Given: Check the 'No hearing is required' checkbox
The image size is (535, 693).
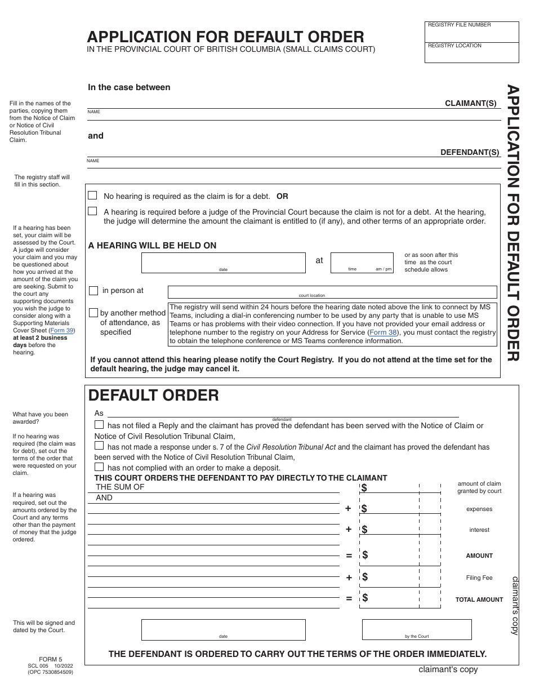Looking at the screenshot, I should point(93,196).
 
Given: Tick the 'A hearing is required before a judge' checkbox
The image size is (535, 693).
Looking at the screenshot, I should point(93,211).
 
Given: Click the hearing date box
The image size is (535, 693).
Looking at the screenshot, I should point(223,263).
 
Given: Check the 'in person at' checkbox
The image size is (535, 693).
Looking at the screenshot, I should point(93,291).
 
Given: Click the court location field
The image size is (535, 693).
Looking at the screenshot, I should point(332,291).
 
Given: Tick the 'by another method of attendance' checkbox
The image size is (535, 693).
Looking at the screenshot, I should point(93,313).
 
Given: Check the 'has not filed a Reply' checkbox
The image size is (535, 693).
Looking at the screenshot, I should point(99,425).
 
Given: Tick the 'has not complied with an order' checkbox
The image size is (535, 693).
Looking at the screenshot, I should point(99,467).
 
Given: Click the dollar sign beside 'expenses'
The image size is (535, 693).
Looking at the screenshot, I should point(364,509).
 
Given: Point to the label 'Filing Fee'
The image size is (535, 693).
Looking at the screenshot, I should point(479,577).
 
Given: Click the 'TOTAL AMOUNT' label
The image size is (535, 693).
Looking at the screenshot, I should point(479,599).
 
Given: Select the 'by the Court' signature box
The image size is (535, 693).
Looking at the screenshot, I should point(416,629).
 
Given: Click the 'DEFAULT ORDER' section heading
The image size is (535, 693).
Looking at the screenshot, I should point(153,396).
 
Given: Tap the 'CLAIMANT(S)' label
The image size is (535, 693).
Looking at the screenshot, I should point(471,103).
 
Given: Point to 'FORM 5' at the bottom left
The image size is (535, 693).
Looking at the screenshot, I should point(50,659).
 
